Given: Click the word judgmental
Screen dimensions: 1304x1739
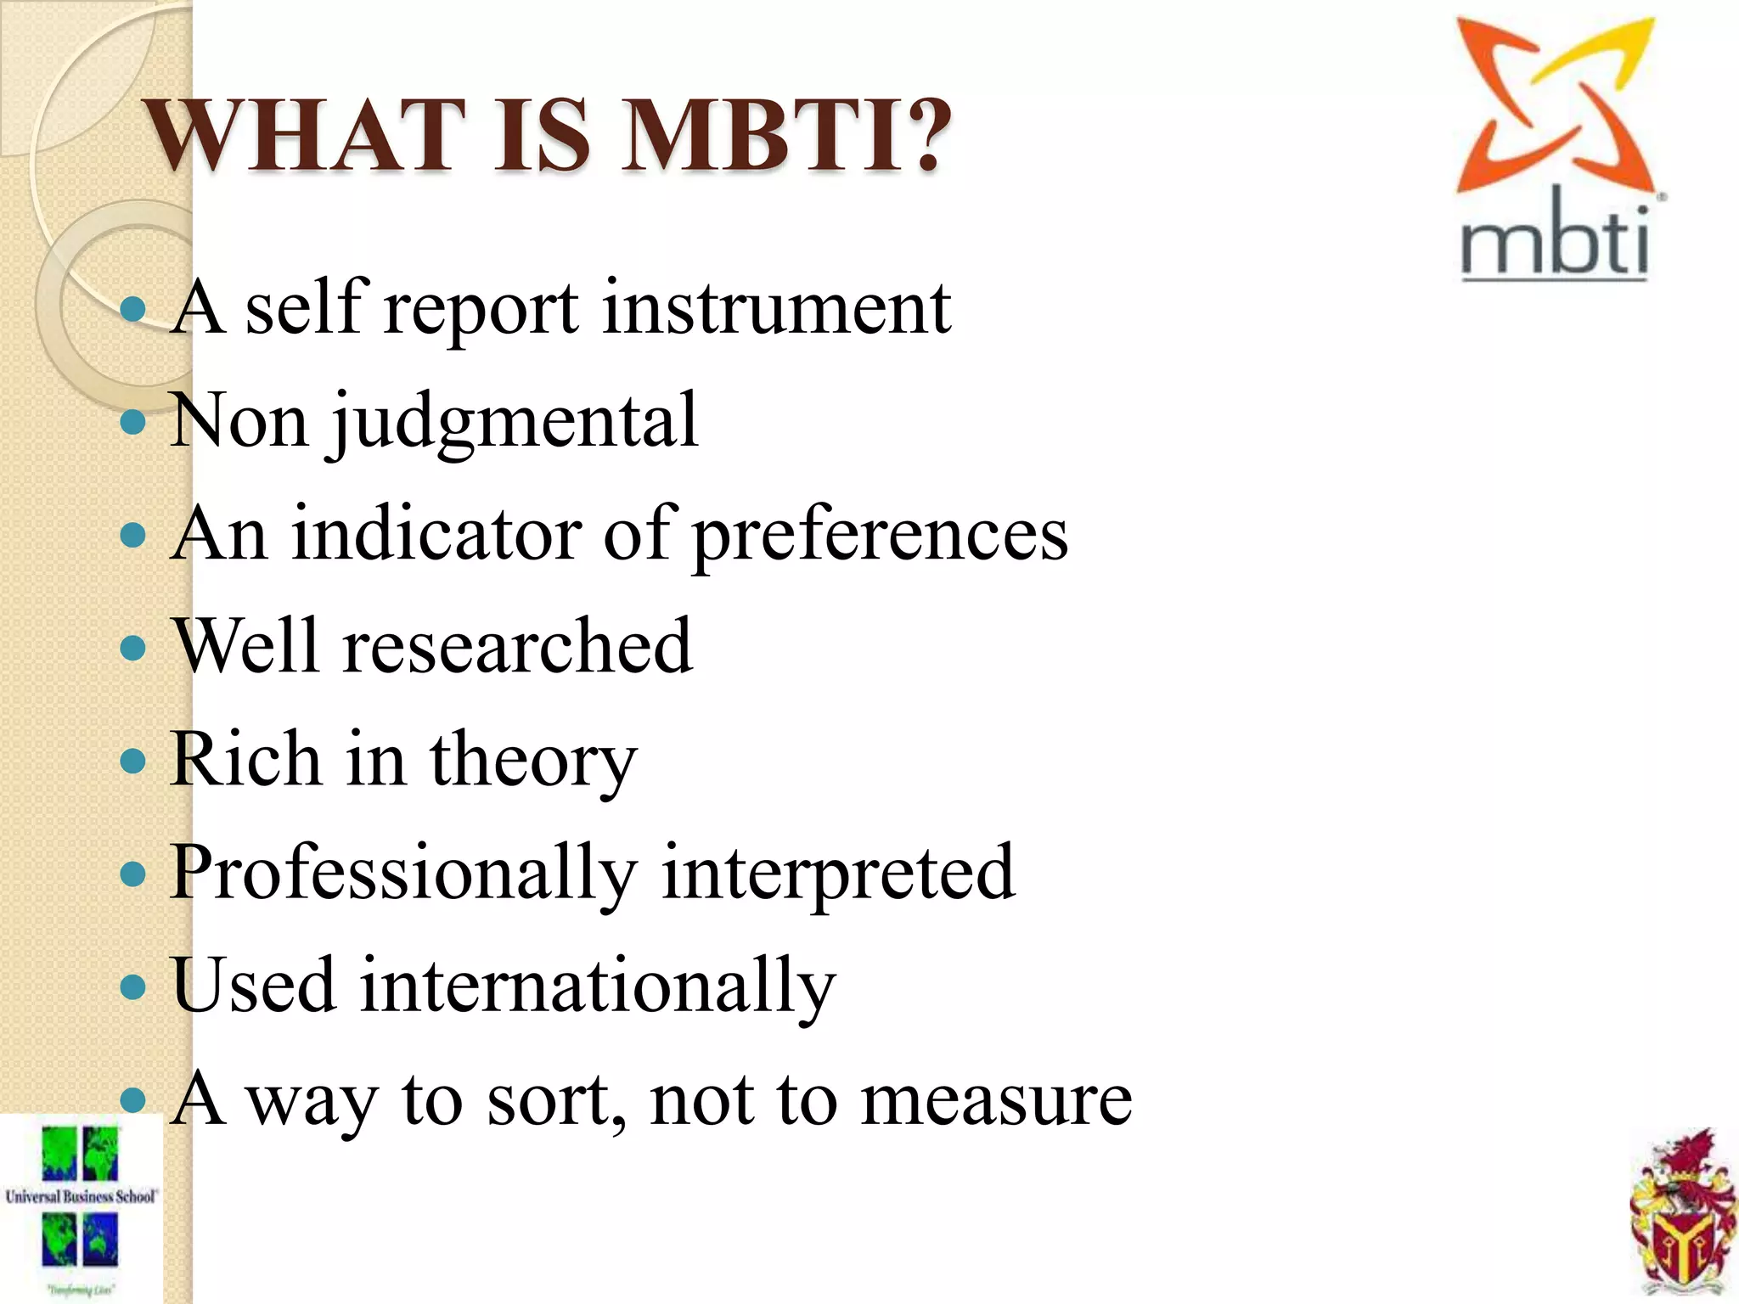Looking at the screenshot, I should (x=515, y=422).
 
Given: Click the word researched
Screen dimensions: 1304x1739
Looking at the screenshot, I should (x=518, y=647).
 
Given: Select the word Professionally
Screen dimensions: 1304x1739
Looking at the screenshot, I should (x=403, y=874).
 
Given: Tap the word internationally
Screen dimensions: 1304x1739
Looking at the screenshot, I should (x=598, y=987).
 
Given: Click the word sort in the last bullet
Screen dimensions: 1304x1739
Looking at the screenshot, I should (x=556, y=1100).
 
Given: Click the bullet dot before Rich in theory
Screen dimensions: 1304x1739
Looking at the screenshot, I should (x=133, y=760).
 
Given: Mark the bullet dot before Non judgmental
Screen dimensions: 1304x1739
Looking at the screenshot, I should (x=133, y=421).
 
